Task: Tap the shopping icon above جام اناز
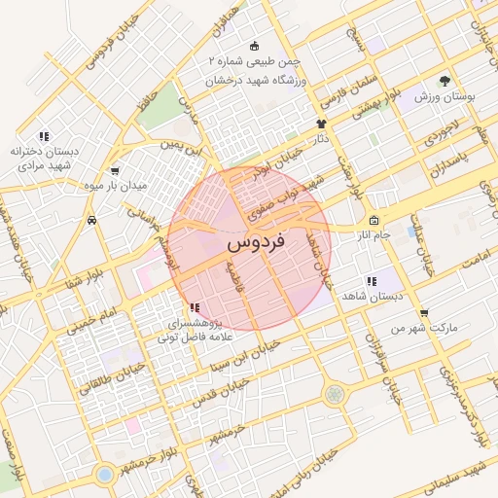point(373,220)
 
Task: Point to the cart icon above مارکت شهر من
point(423,313)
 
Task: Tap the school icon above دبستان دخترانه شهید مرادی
point(44,135)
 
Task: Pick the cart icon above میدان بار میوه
point(115,170)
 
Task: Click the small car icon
point(91,220)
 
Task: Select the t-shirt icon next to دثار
point(322,124)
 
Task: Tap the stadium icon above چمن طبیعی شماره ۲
point(255,46)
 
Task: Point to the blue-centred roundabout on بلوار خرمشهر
point(104,474)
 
